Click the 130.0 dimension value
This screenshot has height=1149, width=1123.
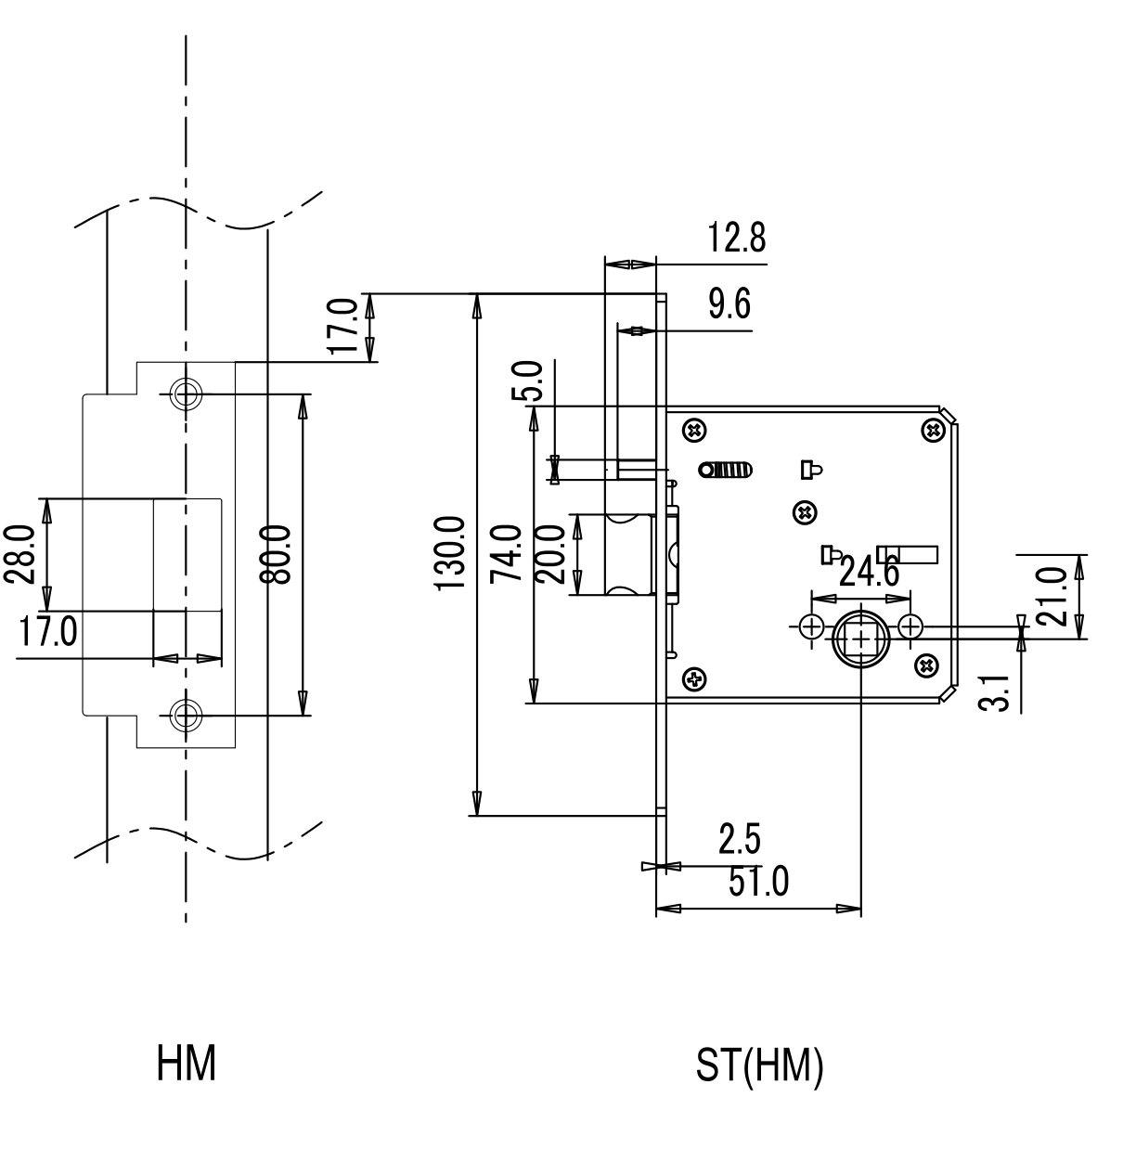pos(450,553)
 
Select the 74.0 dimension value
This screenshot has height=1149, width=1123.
pos(506,553)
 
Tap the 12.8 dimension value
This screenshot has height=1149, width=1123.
pos(736,238)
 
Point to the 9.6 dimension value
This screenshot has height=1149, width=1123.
pos(729,304)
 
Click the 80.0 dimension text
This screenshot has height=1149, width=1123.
pos(275,554)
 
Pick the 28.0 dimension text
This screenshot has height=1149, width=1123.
pos(19,554)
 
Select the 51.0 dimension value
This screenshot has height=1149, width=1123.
pos(758,883)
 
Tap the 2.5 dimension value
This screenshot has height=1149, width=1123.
pos(740,839)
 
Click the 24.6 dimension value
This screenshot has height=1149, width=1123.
pos(869,572)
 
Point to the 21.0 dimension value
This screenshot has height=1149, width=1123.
pos(1052,596)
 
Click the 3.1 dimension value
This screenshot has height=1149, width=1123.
pos(994,693)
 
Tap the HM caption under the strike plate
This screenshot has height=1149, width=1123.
pos(187,1063)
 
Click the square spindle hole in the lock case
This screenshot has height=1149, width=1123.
pos(861,640)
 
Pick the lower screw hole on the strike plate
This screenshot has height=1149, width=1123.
pos(186,716)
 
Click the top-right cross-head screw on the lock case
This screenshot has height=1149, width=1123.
pos(934,429)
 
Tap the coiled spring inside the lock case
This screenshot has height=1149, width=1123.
pos(725,470)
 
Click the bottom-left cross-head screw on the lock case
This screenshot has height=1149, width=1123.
pos(695,678)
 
